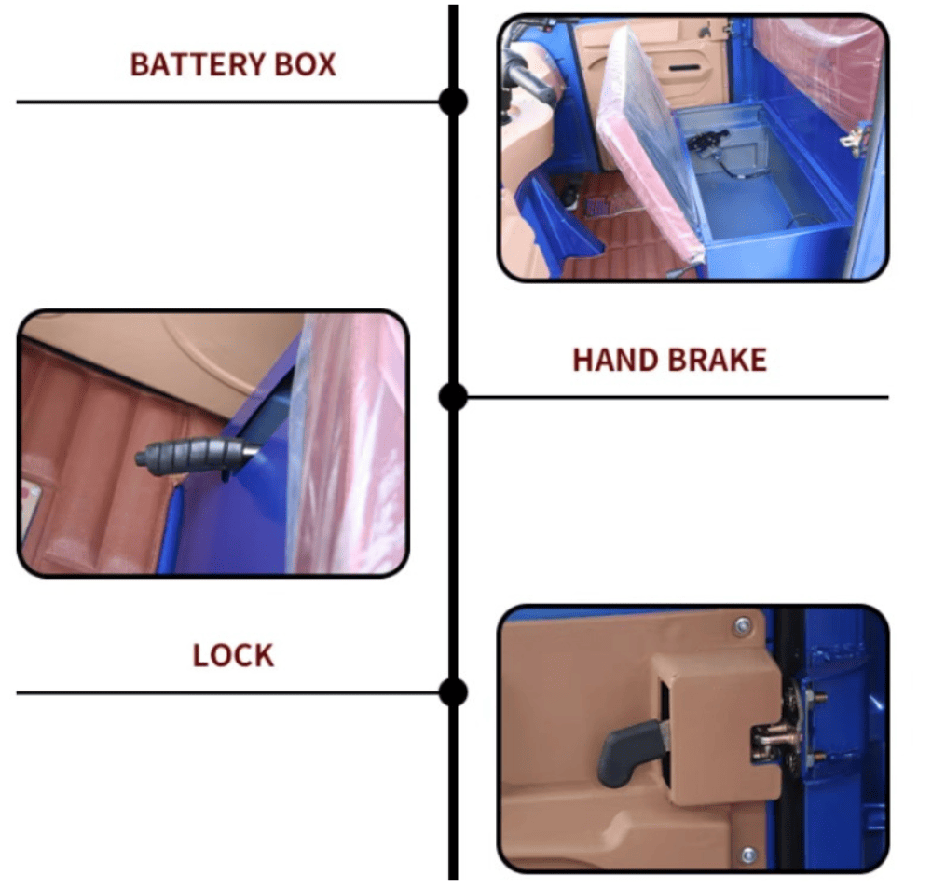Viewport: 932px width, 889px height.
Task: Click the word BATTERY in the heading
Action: coord(199,64)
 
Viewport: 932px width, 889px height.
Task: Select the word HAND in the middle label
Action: coord(615,360)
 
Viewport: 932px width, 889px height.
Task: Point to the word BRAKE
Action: coord(717,360)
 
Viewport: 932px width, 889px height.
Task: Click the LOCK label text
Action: coord(233,655)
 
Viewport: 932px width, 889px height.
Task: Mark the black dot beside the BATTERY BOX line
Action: coord(454,102)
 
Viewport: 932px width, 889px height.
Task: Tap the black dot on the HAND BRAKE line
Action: coord(454,396)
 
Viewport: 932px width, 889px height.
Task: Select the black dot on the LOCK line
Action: coord(454,692)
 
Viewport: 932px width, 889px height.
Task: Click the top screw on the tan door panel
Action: coord(742,625)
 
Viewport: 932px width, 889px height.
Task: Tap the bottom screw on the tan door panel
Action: coord(748,855)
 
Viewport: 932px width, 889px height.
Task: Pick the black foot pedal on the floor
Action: coord(569,195)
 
